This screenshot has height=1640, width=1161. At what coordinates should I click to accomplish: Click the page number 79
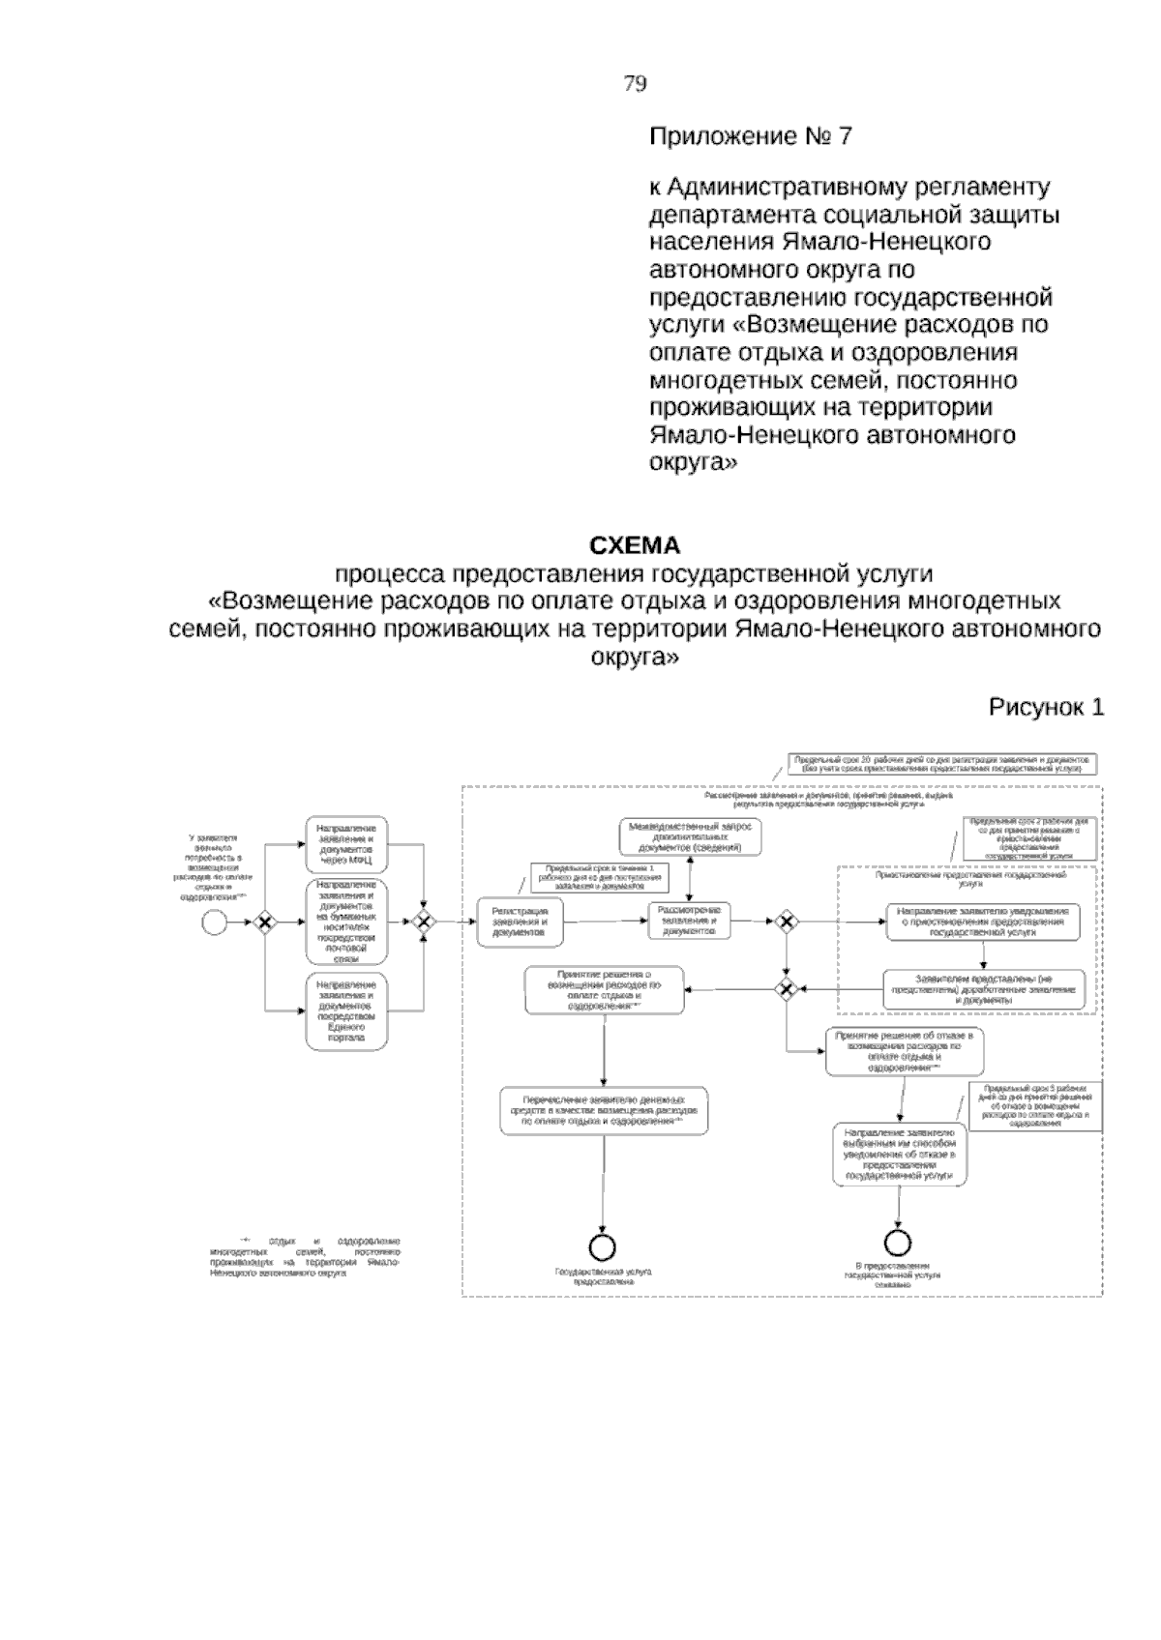635,84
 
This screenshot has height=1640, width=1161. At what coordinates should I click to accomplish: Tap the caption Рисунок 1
1046,708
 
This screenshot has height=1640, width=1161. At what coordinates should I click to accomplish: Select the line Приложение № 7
750,136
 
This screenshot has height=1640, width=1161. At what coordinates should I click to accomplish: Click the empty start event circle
214,923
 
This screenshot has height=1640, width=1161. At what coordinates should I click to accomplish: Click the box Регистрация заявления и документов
520,922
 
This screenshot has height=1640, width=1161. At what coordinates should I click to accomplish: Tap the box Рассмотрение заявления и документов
689,922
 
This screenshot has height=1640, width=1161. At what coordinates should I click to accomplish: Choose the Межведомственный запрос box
690,836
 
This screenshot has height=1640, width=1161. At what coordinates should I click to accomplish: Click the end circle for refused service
898,1241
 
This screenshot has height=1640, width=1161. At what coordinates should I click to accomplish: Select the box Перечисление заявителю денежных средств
604,1112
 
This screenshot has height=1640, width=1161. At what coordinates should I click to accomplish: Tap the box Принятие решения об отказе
904,1052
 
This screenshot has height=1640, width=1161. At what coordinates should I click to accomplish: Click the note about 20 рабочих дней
942,765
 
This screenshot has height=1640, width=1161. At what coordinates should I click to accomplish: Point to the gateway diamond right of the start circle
262,923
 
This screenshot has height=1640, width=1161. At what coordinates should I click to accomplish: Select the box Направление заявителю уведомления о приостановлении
983,922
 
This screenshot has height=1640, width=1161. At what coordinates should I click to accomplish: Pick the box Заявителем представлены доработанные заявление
983,988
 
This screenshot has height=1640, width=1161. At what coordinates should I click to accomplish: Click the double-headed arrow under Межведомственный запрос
690,879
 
